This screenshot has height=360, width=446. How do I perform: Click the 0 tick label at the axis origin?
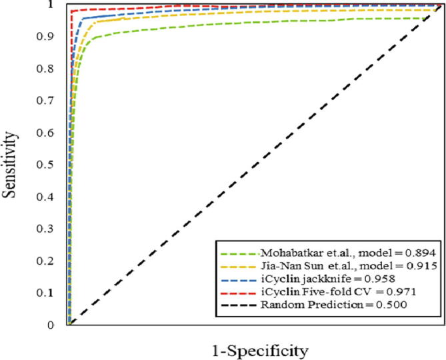(x=51, y=325)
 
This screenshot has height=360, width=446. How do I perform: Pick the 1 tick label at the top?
(x=51, y=5)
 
